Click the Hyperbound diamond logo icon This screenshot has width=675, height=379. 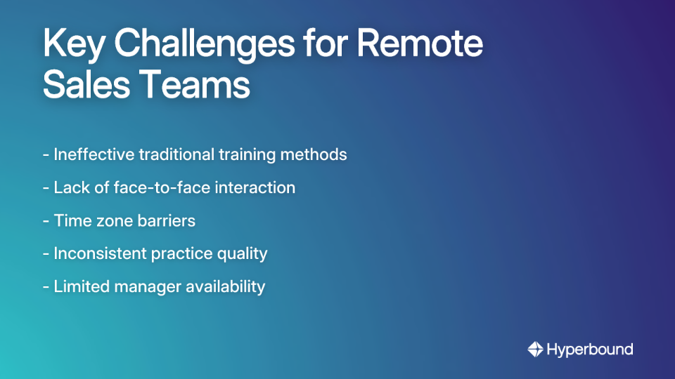535,349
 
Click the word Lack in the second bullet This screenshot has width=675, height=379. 68,187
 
